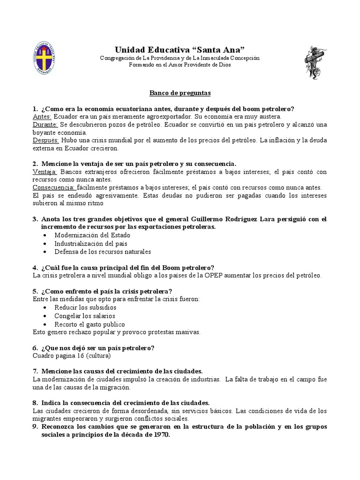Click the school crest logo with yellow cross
pos(45,58)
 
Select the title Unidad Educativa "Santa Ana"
pos(180,50)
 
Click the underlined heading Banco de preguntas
pos(180,93)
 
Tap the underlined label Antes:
pos(42,116)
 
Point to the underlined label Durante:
pos(45,125)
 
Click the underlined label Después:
pos(45,140)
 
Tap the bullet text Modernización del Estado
pos(93,235)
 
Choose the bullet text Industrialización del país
pos(90,243)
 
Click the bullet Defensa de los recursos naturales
pos(103,252)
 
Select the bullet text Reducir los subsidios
pos(85,307)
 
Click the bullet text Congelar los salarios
pos(85,316)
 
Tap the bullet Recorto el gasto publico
pos(90,324)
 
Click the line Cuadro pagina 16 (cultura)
pos(72,355)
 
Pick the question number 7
pos(35,371)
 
